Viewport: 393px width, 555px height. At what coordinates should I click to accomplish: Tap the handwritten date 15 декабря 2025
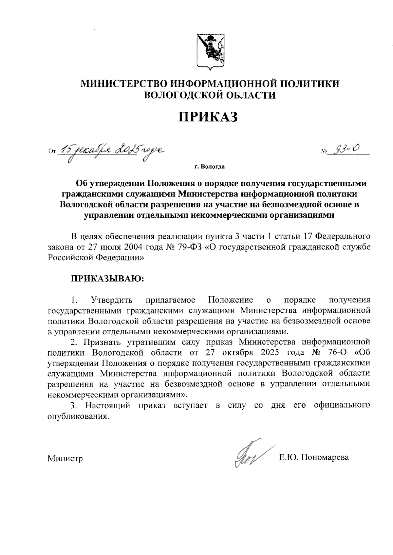(x=110, y=151)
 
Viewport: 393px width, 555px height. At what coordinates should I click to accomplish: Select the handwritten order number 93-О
(x=346, y=150)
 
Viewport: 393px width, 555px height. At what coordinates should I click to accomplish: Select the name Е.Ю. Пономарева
(x=314, y=457)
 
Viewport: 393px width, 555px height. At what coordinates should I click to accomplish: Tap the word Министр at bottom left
(x=65, y=458)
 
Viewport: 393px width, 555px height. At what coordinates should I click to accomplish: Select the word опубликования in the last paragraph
(x=77, y=416)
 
